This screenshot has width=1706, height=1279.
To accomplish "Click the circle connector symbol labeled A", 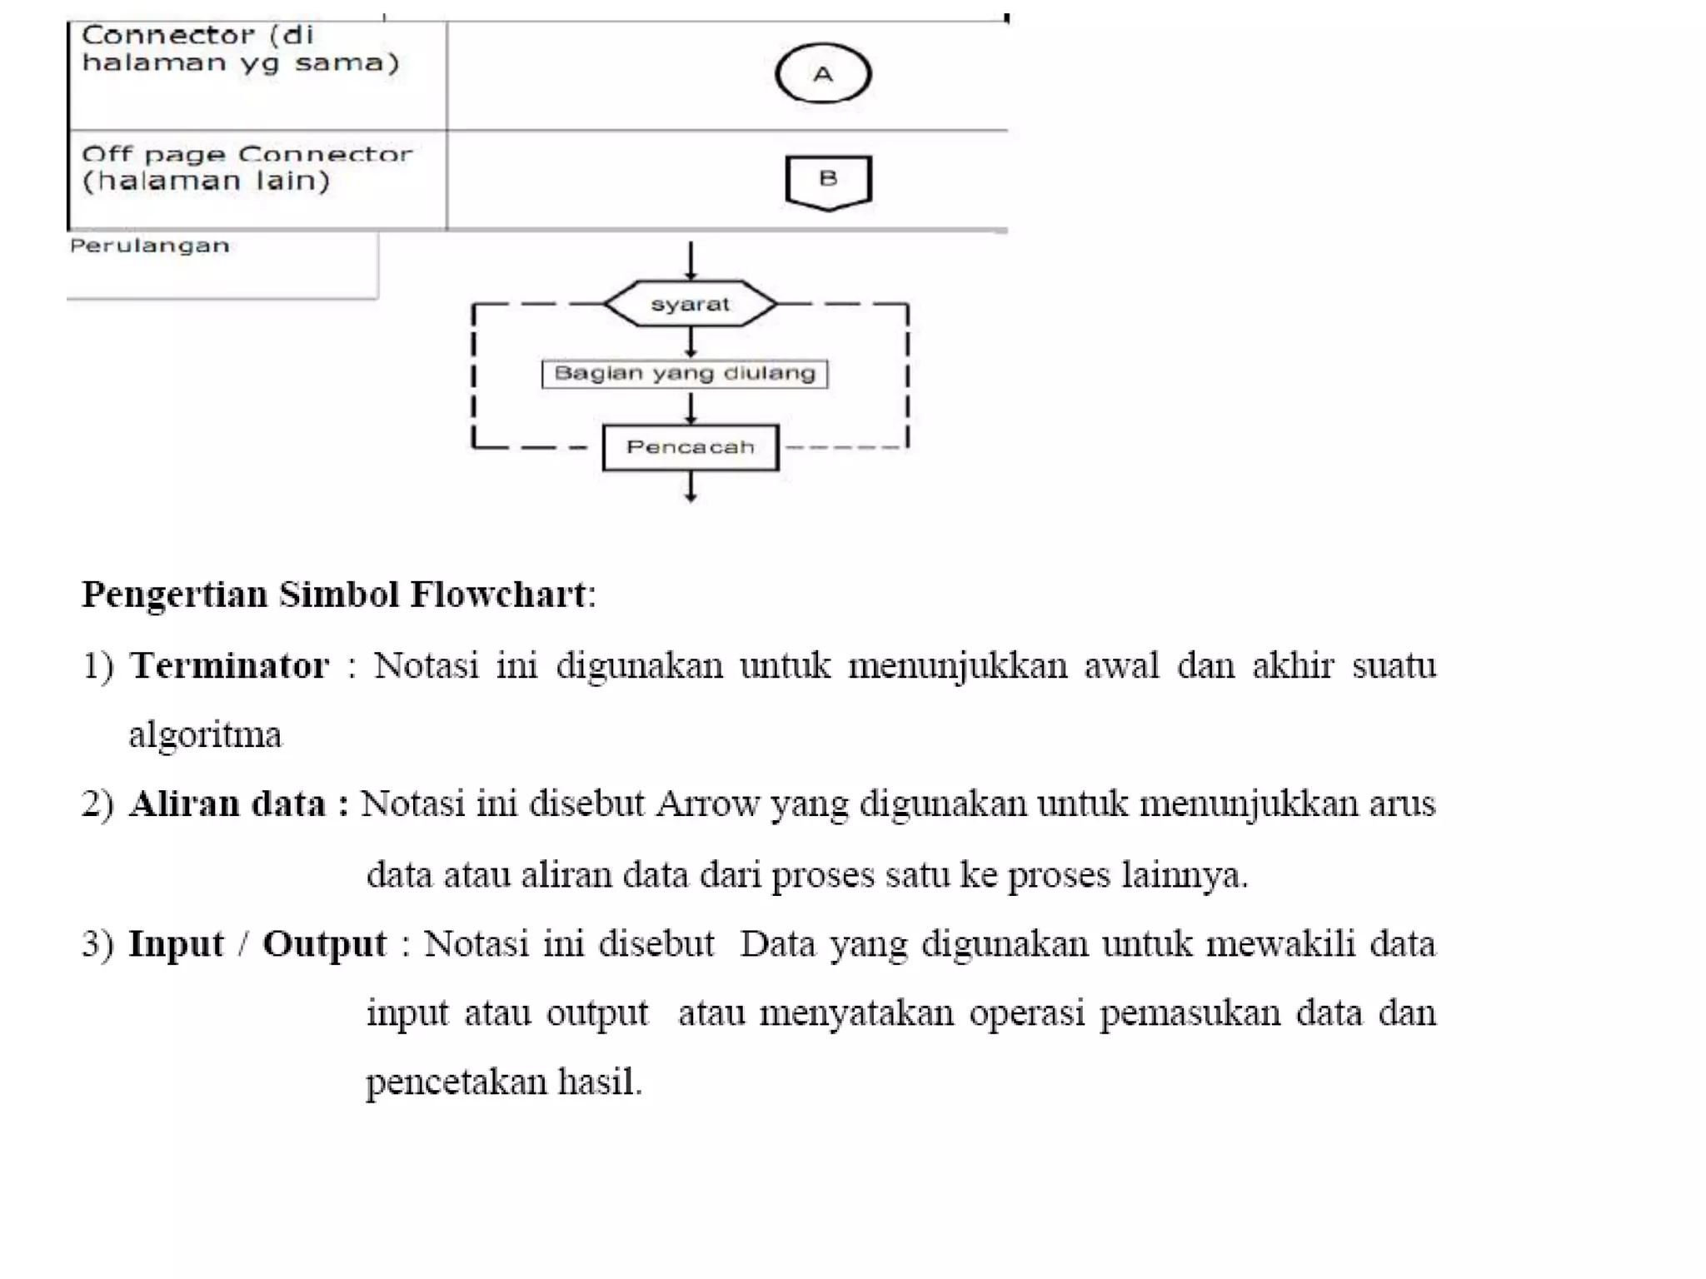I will (823, 74).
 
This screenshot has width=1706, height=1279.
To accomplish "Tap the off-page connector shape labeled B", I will (828, 181).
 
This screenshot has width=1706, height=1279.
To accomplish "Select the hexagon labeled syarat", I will (690, 304).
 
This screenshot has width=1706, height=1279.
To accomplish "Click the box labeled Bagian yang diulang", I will (685, 373).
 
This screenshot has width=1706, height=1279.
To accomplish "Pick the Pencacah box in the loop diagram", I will (691, 447).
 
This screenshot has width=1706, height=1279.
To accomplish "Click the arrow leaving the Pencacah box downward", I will (691, 487).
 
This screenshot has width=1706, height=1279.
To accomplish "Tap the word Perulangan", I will (150, 246).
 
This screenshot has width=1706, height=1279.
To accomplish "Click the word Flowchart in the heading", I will (498, 595).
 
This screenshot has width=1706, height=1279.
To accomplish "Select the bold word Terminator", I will (230, 665).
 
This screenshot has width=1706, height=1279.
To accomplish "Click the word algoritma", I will (205, 734).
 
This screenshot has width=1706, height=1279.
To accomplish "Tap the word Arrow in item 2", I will (707, 804).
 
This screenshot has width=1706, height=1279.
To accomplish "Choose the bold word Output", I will (324, 943).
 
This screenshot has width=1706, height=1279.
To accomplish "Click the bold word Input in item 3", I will (177, 943).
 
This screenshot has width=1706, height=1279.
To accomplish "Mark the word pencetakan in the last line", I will (456, 1082).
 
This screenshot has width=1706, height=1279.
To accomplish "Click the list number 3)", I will (98, 943).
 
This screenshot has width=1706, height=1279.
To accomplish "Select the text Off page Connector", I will (247, 154).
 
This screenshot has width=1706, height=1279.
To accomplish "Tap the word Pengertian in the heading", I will (175, 595).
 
